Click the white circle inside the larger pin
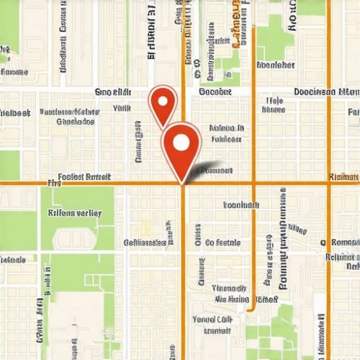pos(181,142)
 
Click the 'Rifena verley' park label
pos(75,213)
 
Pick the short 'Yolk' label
pos(122,108)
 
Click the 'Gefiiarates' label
pos(146,243)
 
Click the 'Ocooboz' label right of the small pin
pos(215,92)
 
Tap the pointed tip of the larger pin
pos(181,181)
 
